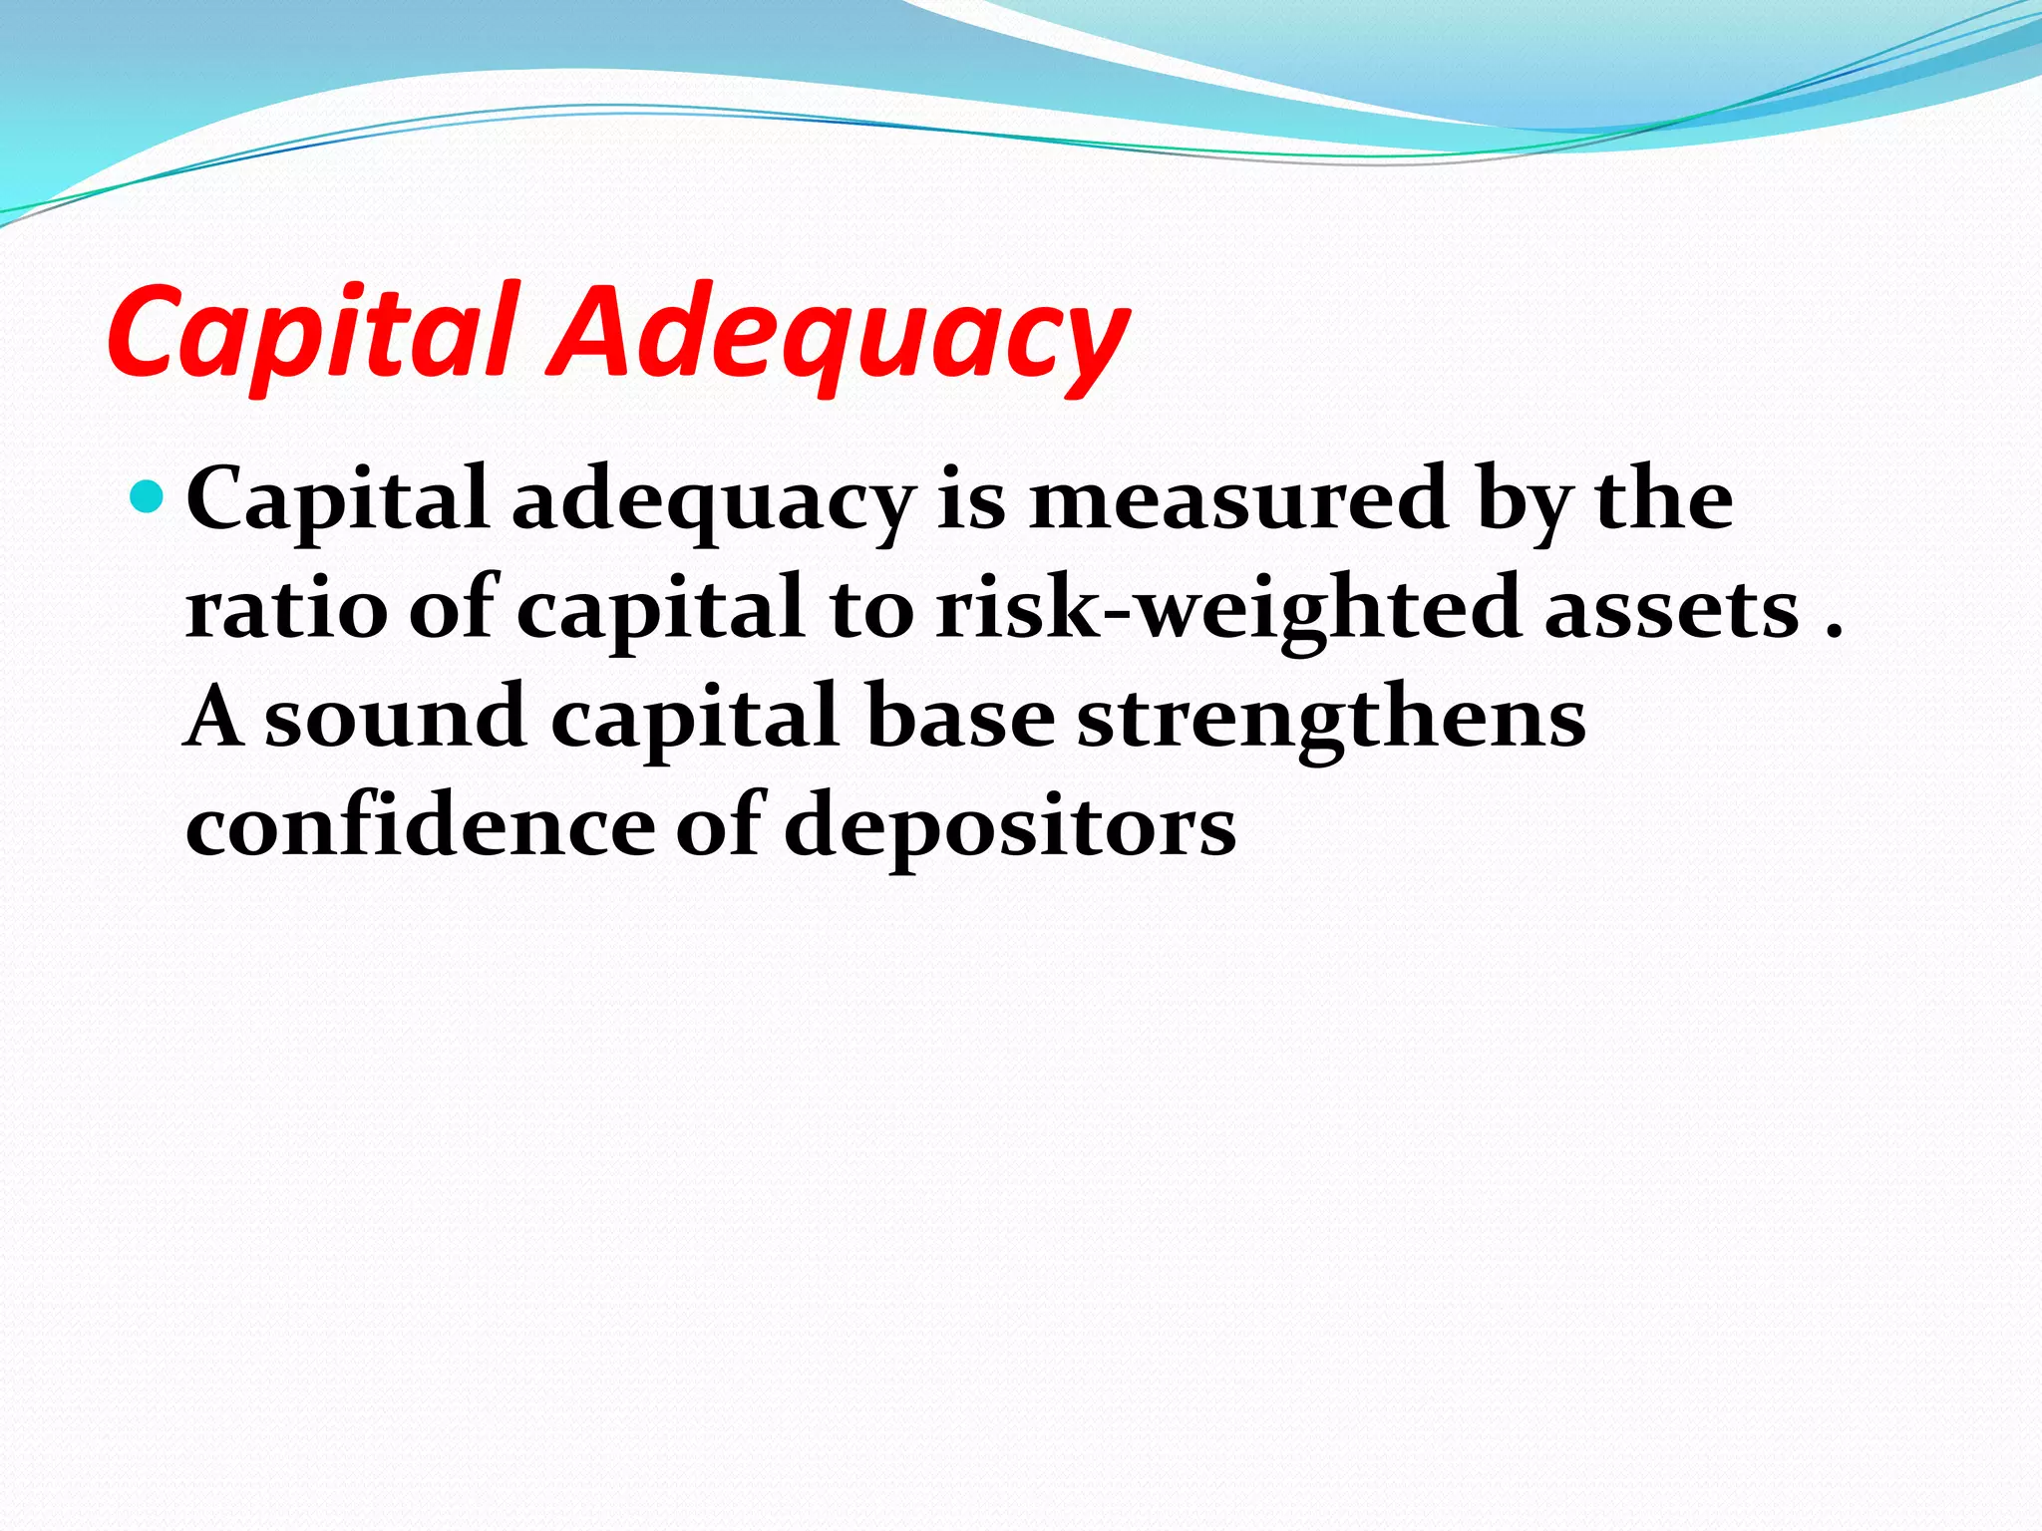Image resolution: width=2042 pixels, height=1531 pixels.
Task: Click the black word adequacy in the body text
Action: [x=713, y=501]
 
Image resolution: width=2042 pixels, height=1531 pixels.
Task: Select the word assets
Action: [x=1671, y=609]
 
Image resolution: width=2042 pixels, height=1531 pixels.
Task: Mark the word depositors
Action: [x=1010, y=827]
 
